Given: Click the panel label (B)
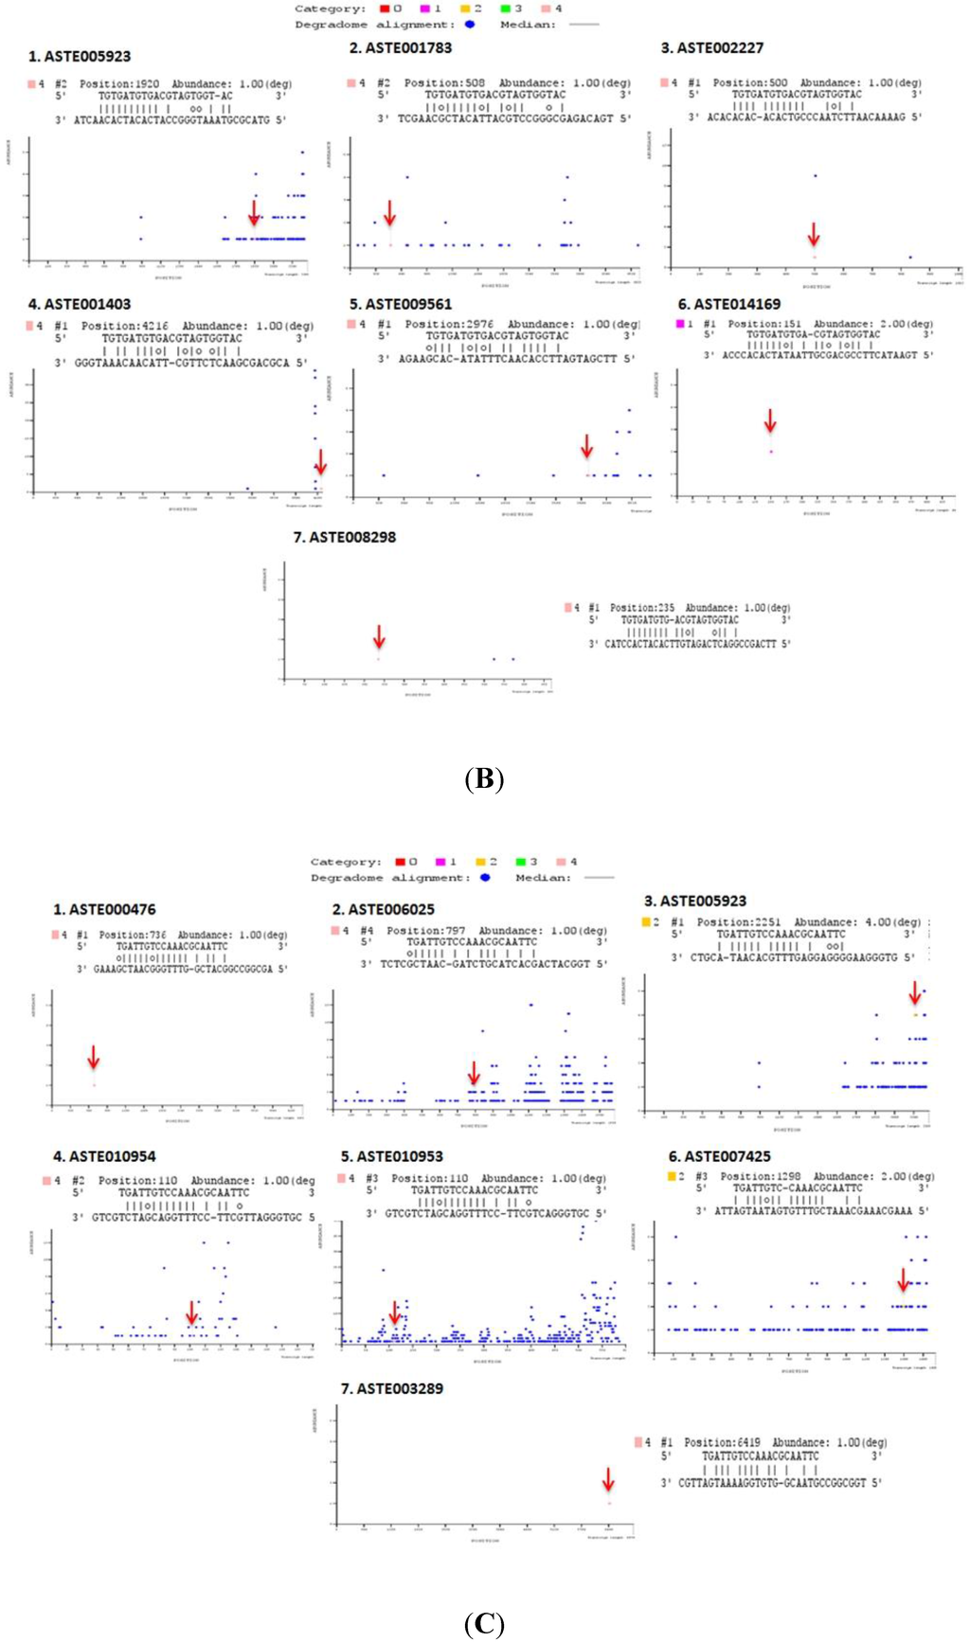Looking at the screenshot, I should [x=484, y=779].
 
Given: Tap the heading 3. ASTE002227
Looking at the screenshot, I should [x=711, y=48].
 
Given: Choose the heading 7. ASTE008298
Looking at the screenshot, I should [x=344, y=537].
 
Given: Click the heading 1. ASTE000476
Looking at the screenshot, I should [x=104, y=909].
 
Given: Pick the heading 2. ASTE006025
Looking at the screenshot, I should [x=383, y=909].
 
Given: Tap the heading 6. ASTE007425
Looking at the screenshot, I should [x=719, y=1156].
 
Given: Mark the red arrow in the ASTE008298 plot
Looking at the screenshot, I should [x=379, y=636].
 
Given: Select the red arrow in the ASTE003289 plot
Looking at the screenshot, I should [x=608, y=1480].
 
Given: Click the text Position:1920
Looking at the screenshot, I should [x=119, y=84].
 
